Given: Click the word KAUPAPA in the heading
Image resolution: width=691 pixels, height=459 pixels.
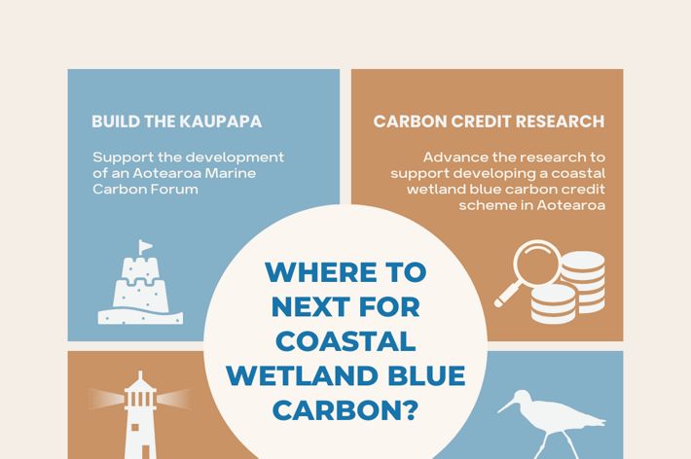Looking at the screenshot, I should [x=220, y=123].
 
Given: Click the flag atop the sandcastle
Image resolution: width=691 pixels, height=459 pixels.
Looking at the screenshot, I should [x=145, y=245].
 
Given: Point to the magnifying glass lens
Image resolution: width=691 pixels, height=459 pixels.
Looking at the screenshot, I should [x=534, y=265].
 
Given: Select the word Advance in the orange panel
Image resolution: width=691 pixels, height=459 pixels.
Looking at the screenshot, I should [x=455, y=157].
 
